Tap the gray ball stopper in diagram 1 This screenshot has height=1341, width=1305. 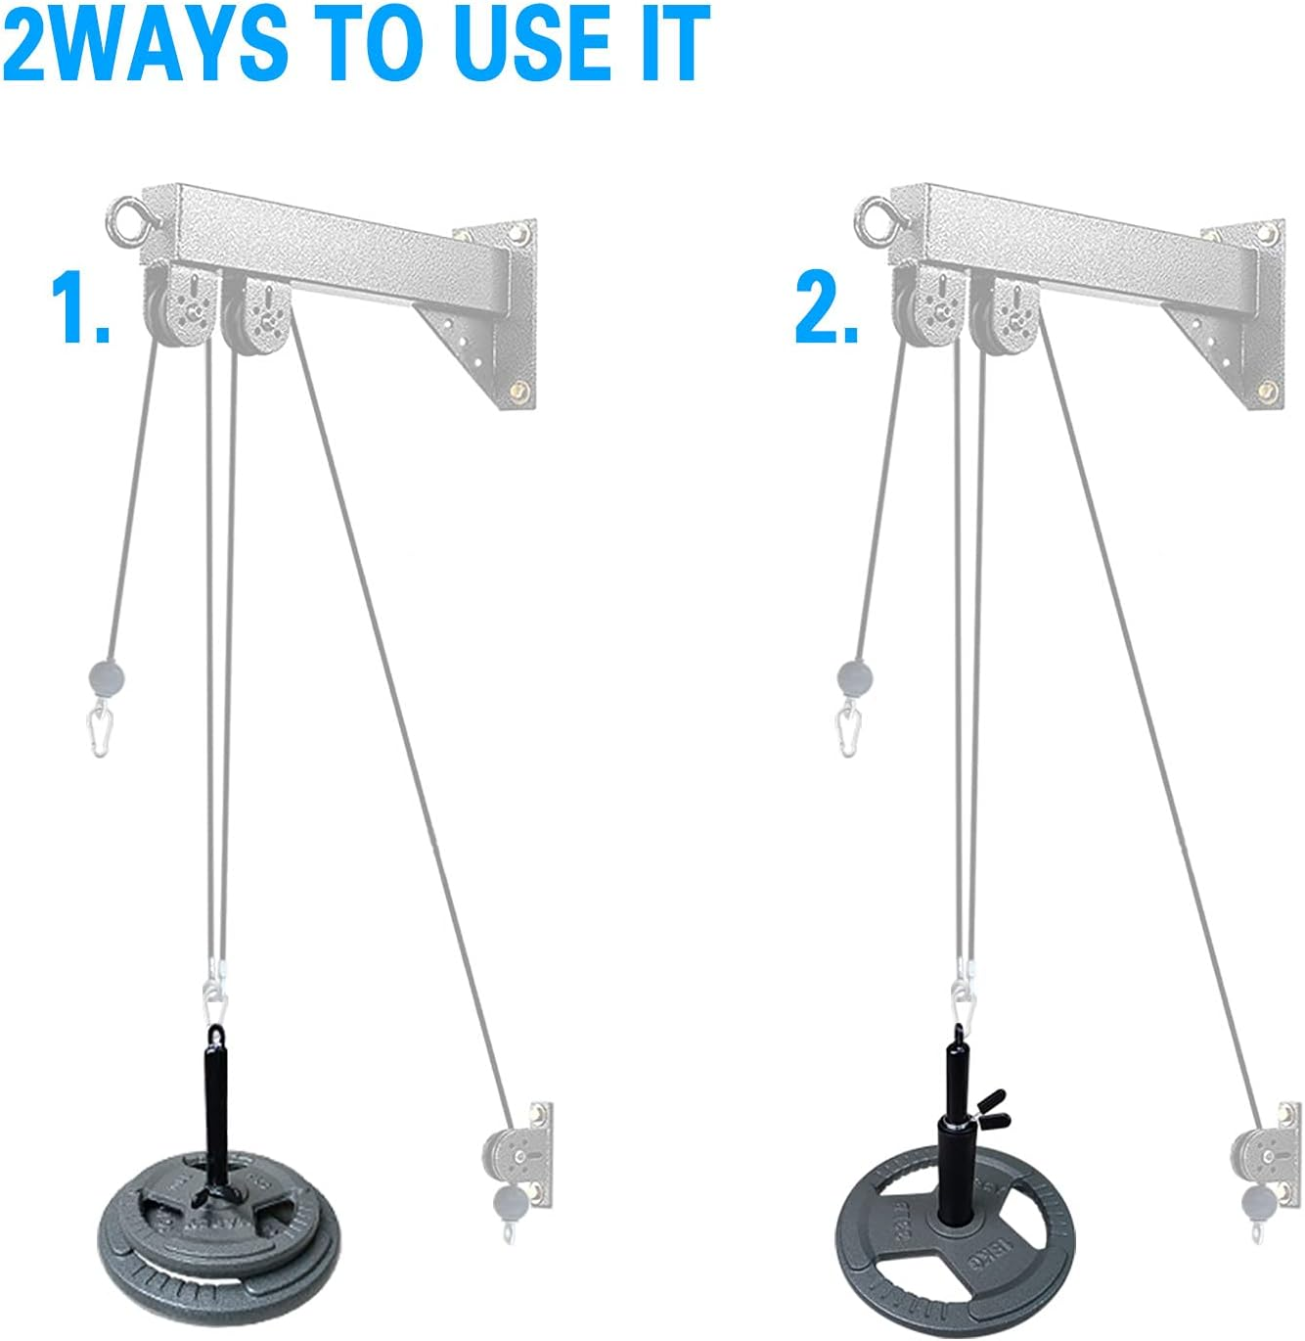pyautogui.click(x=107, y=675)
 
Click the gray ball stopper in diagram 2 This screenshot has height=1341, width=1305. pyautogui.click(x=854, y=677)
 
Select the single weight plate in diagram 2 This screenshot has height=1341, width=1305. pyautogui.click(x=954, y=1224)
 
